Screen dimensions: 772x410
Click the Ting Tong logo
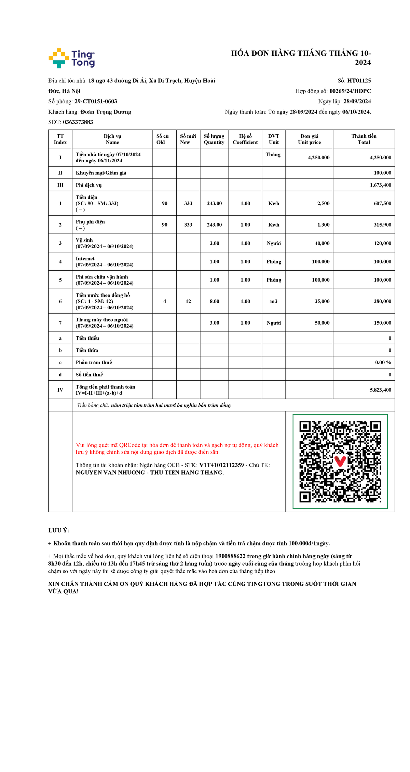pos(72,58)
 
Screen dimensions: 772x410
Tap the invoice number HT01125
pos(359,81)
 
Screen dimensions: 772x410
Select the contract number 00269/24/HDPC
pos(350,91)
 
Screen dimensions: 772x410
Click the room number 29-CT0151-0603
pos(96,101)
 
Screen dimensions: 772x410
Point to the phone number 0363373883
pos(78,122)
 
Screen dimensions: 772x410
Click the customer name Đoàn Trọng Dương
pos(106,112)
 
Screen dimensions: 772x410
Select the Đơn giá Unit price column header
pos(309,139)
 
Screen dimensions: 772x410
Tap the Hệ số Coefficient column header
pos(245,139)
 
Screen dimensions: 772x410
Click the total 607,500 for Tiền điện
pos(382,203)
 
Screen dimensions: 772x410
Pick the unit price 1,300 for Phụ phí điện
pos(323,225)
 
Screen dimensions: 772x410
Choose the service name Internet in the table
pos(85,259)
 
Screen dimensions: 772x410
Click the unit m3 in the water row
pos(274,301)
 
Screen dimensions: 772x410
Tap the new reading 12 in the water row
pos(188,301)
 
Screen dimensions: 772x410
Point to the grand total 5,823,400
pos(380,390)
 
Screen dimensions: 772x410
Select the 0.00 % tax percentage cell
pos(383,362)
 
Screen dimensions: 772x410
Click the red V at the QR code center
pos(340,461)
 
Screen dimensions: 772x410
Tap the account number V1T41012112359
pos(221,465)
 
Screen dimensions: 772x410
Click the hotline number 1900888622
pos(230,556)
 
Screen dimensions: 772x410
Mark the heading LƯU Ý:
pos(59,531)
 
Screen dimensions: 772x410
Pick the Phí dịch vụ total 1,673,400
pos(380,185)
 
